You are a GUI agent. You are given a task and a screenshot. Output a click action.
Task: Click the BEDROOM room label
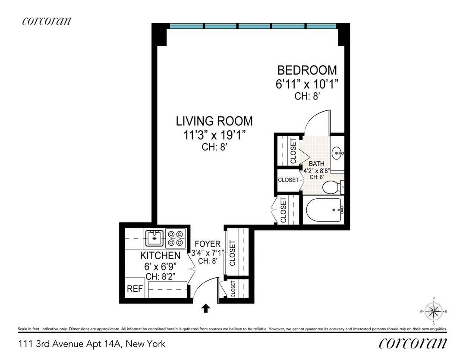coord(307,70)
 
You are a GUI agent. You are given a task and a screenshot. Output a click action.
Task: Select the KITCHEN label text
coord(160,256)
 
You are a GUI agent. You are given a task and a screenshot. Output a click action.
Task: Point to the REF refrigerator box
coord(134,289)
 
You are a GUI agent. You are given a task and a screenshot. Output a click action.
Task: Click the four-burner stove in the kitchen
coord(176,237)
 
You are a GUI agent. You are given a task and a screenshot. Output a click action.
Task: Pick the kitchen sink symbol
coord(154,237)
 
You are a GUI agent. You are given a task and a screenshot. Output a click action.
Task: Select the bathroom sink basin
coord(338,153)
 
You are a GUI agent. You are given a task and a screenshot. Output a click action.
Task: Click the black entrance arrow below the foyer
coord(206,308)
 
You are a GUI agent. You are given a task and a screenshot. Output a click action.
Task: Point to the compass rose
coord(434,310)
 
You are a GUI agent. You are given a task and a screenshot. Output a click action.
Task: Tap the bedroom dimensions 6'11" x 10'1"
coord(307,84)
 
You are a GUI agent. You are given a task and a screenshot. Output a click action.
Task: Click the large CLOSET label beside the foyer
coord(232,253)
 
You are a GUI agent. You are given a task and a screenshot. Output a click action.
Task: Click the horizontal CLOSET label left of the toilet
coord(288,180)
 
